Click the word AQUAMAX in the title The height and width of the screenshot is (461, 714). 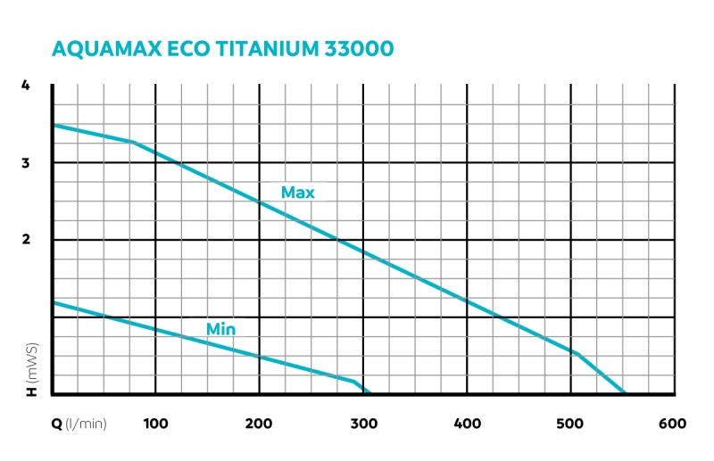106,49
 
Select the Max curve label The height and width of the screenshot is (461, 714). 297,192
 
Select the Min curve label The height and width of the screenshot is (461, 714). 220,329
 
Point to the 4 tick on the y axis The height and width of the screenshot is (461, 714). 26,86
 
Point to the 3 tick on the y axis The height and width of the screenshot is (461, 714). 26,163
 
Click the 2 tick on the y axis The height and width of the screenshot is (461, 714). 26,240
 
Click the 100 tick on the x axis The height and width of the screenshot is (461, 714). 155,424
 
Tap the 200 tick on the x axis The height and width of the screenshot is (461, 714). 259,424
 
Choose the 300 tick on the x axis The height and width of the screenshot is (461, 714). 362,424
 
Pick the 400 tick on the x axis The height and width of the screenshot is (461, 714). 466,424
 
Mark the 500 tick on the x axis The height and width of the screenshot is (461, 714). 569,424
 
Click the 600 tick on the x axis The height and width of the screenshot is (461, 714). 672,424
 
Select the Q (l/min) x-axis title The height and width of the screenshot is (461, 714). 79,424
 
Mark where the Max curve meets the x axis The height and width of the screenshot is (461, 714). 625,393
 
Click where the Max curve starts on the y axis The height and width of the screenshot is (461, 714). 53,125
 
